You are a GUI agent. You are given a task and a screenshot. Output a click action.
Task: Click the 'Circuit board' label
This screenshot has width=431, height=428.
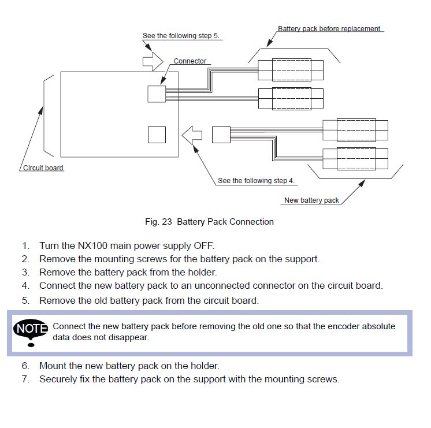tap(43, 168)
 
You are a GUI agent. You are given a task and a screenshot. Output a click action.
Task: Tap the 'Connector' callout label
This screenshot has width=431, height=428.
tap(190, 61)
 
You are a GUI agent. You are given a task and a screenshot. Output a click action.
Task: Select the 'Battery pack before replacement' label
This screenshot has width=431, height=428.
tap(329, 28)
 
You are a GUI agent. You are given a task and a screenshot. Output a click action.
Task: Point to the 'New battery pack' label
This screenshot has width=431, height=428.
tap(311, 200)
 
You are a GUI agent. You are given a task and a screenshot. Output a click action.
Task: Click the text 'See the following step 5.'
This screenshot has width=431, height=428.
tap(181, 36)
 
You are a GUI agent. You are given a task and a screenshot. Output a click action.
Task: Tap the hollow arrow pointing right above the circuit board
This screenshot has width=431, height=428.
tap(153, 59)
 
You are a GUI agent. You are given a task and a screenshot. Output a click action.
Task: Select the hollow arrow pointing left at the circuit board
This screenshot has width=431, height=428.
tap(192, 135)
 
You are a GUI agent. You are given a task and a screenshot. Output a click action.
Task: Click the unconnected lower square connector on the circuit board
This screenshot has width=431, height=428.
tap(157, 135)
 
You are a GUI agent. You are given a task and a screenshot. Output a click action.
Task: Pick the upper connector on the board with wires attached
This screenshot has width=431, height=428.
tap(156, 94)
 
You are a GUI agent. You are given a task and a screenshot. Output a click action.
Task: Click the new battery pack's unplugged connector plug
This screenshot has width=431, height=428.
tap(221, 135)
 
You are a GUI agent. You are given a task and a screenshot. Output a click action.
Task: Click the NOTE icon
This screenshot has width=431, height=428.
tap(31, 332)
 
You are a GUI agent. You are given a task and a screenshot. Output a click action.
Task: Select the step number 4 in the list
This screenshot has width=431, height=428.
tap(25, 285)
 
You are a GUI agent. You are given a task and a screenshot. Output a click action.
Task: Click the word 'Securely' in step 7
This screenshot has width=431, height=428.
tap(58, 379)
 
